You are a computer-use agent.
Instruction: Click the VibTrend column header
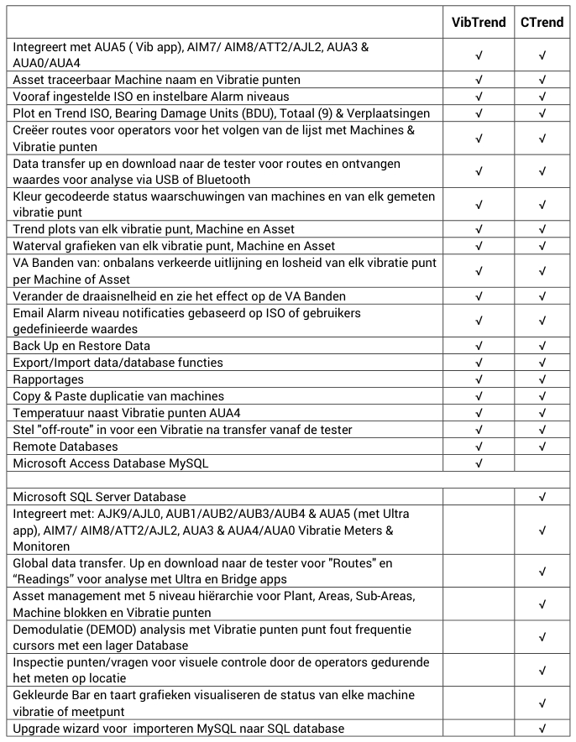(479, 22)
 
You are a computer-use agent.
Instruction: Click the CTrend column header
(542, 22)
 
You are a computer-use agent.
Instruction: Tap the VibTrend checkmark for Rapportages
(479, 379)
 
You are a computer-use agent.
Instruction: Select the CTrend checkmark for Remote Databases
(542, 447)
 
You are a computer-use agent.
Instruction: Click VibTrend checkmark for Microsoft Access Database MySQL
(479, 463)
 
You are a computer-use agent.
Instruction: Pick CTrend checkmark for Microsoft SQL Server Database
(542, 497)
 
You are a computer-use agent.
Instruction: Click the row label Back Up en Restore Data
(81, 346)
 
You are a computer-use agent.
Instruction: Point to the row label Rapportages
(48, 379)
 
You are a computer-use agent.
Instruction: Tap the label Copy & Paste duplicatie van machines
(118, 396)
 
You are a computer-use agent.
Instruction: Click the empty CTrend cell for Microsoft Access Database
(542, 463)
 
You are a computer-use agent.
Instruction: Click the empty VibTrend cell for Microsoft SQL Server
(479, 497)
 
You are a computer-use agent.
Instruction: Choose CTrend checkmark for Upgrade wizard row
(542, 728)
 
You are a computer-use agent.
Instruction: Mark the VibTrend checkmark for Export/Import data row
(479, 363)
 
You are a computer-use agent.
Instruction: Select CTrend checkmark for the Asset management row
(542, 604)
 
